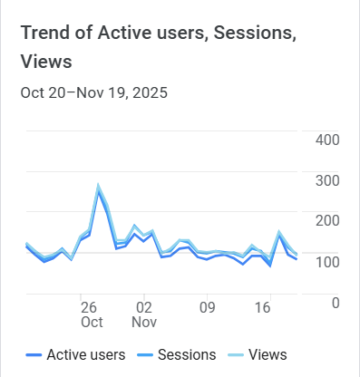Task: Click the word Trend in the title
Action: pos(46,33)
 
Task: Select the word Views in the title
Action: pos(46,62)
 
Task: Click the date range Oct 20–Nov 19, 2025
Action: pos(93,92)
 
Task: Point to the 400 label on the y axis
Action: pos(327,140)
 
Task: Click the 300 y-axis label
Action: pos(327,180)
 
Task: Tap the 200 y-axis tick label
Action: pos(327,221)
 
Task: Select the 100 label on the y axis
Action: pos(327,262)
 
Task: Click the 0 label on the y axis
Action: pos(336,303)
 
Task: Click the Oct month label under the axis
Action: pos(92,322)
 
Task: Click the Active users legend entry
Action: pos(85,354)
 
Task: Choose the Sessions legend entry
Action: pos(187,354)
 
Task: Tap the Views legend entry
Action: pos(268,354)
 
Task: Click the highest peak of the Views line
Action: pos(98,186)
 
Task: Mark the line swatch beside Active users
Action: pos(35,355)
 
